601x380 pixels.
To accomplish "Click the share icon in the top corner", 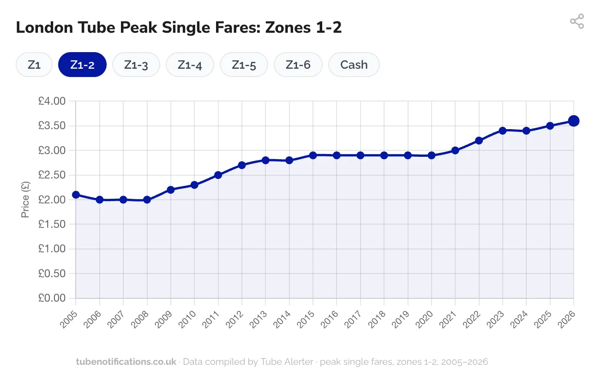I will tap(577, 21).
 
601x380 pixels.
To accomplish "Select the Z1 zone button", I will tap(34, 65).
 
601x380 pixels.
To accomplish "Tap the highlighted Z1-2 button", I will tap(82, 65).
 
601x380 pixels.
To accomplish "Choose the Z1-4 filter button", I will tap(190, 65).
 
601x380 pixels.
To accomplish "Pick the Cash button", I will tap(354, 65).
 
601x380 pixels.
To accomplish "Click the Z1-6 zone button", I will tap(298, 65).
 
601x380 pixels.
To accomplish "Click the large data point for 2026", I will tap(573, 121).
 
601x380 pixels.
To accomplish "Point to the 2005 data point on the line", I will tap(76, 195).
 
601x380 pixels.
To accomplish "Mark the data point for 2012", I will tap(241, 165).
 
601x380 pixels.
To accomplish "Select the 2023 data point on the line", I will tap(502, 131).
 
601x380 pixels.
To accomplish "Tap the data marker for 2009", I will tap(170, 190).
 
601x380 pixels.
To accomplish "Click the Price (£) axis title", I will tap(25, 200).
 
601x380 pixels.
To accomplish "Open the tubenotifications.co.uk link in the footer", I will tap(126, 362).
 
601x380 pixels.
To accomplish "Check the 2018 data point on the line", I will tap(384, 155).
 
